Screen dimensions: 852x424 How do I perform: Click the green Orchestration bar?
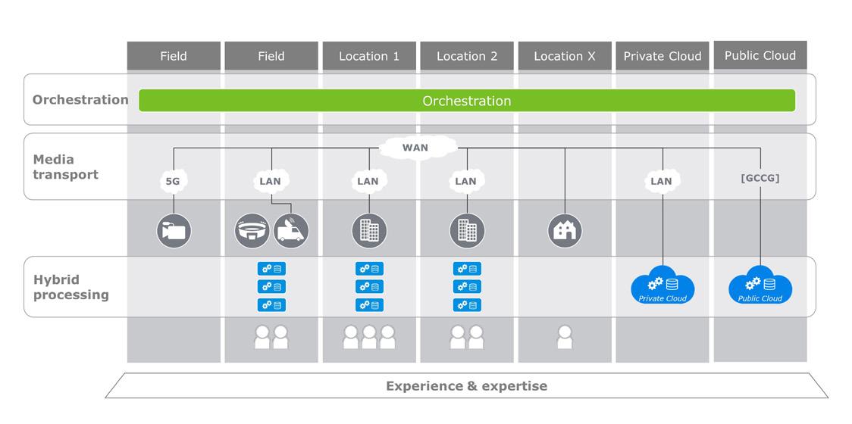467,101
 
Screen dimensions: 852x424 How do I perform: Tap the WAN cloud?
415,147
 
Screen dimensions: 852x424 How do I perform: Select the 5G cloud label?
174,181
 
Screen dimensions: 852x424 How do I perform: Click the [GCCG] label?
760,178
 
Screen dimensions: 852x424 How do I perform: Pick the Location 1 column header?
369,56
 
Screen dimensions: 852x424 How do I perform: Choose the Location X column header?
565,56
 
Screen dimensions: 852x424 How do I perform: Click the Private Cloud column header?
662,56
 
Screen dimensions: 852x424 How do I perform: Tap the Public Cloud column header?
760,55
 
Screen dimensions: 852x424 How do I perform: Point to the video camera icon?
174,231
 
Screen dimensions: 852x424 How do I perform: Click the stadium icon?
252,231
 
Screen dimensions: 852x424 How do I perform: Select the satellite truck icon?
291,231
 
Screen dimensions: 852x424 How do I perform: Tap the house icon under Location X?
565,231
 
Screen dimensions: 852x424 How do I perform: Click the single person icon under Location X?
565,337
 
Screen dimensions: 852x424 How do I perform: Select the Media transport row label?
66,167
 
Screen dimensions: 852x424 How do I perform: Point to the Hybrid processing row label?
71,287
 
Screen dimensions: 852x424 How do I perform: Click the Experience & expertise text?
467,386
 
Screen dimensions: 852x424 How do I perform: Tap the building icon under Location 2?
467,231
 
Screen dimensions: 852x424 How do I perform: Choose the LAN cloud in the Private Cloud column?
662,181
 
